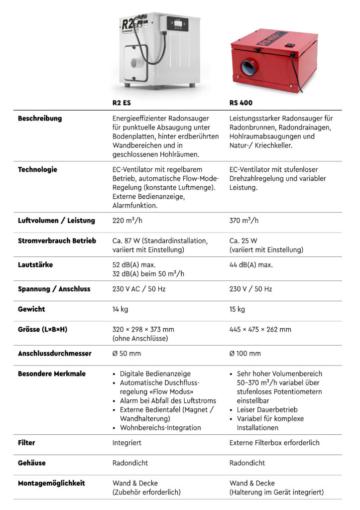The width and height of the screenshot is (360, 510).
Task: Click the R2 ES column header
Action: pos(122,103)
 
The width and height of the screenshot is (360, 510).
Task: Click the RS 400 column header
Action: pos(241,103)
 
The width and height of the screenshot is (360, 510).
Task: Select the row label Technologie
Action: pos(37,170)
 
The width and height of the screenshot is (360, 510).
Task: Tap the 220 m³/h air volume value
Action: pos(127,221)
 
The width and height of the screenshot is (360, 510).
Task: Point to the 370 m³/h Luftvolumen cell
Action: pos(244,221)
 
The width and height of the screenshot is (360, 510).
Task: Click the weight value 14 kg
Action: pos(120,309)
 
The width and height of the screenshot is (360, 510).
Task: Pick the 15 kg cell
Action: pos(237,309)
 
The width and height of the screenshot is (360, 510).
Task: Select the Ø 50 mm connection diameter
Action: pos(126,354)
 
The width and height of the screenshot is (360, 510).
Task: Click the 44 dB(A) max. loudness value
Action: pos(251,265)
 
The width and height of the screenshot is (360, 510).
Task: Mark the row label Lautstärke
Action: pos(35,265)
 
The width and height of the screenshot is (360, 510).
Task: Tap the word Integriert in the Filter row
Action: pos(127,443)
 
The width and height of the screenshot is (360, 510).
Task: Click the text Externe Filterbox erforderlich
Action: pos(274,443)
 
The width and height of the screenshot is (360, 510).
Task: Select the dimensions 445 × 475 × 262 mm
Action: pos(260,330)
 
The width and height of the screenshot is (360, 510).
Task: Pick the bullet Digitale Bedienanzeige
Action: pos(155,374)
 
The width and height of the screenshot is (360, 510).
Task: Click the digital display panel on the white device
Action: pos(178,22)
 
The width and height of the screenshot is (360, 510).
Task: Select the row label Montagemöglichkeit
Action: pos(51,483)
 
